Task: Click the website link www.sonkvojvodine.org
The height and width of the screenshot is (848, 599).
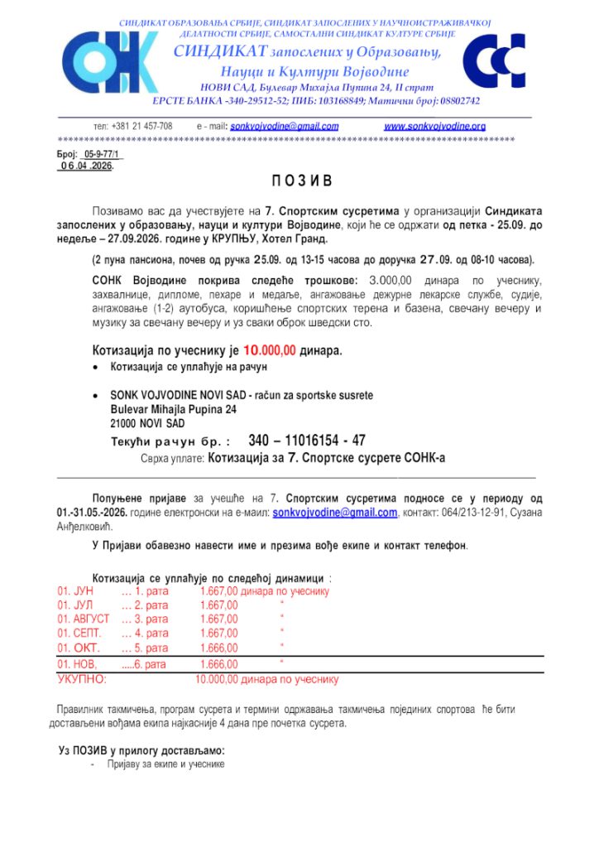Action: click(434, 127)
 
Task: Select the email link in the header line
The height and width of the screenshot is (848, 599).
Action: click(284, 127)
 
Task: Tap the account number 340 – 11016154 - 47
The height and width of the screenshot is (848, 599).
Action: click(306, 441)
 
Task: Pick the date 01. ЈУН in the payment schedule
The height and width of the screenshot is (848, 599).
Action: click(75, 591)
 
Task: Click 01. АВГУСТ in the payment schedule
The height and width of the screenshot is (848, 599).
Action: click(83, 619)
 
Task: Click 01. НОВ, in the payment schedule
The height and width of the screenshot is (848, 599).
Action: click(77, 664)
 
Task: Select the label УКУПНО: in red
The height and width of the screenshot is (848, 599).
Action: click(81, 680)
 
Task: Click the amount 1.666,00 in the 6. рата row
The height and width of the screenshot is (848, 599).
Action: click(218, 664)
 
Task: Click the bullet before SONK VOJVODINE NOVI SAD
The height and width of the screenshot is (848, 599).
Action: click(98, 396)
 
